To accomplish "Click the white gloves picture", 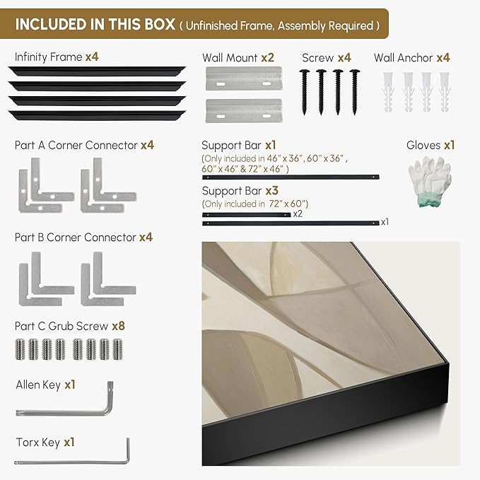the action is (x=430, y=181).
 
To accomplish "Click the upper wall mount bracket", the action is (x=244, y=78).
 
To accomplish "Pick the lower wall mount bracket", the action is (x=244, y=110).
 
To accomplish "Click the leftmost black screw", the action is (x=304, y=92).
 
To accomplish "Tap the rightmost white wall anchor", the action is (x=445, y=92).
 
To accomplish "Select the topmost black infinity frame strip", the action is (x=97, y=71).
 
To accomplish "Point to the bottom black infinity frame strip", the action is (x=97, y=115).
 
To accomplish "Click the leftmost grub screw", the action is (x=20, y=349).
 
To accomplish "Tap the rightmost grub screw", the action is (x=117, y=349).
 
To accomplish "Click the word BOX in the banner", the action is (x=160, y=24).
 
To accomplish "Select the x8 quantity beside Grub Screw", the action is (x=119, y=326).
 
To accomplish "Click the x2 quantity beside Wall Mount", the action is (x=267, y=57).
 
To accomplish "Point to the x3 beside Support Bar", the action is (x=272, y=191).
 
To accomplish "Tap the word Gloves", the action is (x=423, y=145).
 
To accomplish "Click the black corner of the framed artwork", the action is (x=447, y=363).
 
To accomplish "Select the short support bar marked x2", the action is (x=247, y=215).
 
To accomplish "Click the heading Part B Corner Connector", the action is (x=76, y=238).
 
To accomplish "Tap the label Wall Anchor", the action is (x=403, y=57).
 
